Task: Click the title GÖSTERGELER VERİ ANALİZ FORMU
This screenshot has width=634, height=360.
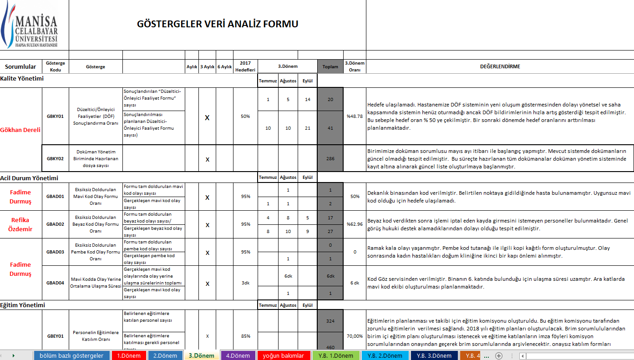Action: (218, 24)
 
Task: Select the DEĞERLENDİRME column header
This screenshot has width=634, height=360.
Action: (500, 66)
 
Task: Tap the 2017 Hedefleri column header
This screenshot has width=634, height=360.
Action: (245, 66)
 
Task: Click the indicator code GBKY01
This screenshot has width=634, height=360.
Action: (55, 116)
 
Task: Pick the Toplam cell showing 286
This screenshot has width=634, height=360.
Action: (330, 158)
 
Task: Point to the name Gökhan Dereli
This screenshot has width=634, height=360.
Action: (20, 130)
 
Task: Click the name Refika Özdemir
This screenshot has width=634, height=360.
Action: (20, 224)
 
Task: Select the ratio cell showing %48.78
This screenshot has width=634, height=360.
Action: (355, 116)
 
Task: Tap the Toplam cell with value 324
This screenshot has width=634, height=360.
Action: (330, 321)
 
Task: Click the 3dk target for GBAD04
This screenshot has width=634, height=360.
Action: (245, 283)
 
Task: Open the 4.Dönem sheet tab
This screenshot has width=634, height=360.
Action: (238, 355)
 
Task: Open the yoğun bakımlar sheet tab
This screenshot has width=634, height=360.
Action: (283, 355)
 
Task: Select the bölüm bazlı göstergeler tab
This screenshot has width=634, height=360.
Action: (71, 355)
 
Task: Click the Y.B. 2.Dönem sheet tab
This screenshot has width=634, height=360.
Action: (385, 355)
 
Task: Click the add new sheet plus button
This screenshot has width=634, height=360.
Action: (499, 355)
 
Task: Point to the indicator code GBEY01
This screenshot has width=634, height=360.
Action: (55, 336)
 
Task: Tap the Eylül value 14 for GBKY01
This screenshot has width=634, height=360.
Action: (308, 99)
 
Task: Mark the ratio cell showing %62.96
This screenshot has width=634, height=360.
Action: (355, 224)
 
